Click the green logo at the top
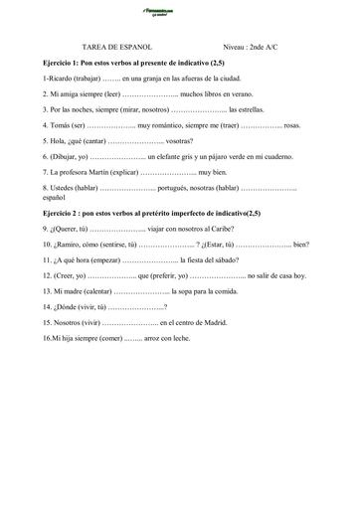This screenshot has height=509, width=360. click(x=179, y=13)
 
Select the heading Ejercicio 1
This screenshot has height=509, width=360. click(x=62, y=63)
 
